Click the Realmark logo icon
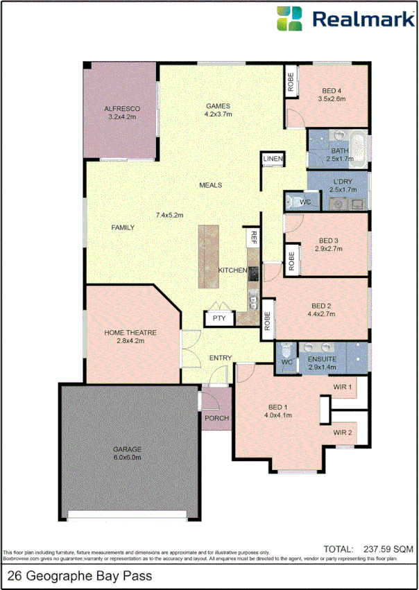pyautogui.click(x=289, y=19)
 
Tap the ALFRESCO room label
pyautogui.click(x=122, y=109)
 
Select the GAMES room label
pyautogui.click(x=217, y=105)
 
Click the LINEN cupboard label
pyautogui.click(x=273, y=160)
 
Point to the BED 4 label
pyautogui.click(x=332, y=91)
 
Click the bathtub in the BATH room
pyautogui.click(x=359, y=148)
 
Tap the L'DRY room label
pyautogui.click(x=343, y=181)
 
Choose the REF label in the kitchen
pyautogui.click(x=254, y=238)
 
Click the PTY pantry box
pyautogui.click(x=219, y=319)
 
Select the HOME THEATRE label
pyautogui.click(x=130, y=333)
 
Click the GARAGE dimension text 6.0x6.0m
pyautogui.click(x=128, y=458)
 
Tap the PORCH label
pyautogui.click(x=216, y=418)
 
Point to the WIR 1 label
pyautogui.click(x=343, y=387)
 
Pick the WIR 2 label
pyautogui.click(x=343, y=433)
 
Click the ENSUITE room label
pyautogui.click(x=323, y=359)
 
